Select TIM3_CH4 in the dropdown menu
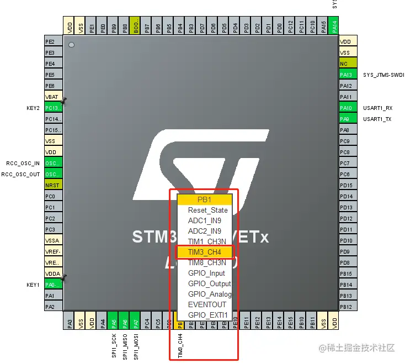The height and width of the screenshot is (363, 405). pos(205,252)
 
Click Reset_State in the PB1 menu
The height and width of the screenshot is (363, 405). pos(207,210)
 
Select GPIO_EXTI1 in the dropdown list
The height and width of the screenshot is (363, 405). pos(207,315)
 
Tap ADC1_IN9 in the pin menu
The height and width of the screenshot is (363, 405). pos(204,220)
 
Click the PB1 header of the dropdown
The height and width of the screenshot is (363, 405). pos(204,199)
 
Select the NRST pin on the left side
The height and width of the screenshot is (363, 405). pos(53,185)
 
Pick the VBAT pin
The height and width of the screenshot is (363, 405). pos(53,97)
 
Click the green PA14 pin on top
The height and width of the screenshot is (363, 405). pos(334,26)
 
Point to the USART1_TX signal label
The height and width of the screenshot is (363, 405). pos(377,119)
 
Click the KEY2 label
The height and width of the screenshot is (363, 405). pos(33,108)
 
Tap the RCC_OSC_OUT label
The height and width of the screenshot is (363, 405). pos(20,174)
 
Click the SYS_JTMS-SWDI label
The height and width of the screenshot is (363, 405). pos(383,75)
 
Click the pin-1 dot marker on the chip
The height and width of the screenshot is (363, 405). pos(71,44)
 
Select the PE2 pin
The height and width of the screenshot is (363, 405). pos(53,41)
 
